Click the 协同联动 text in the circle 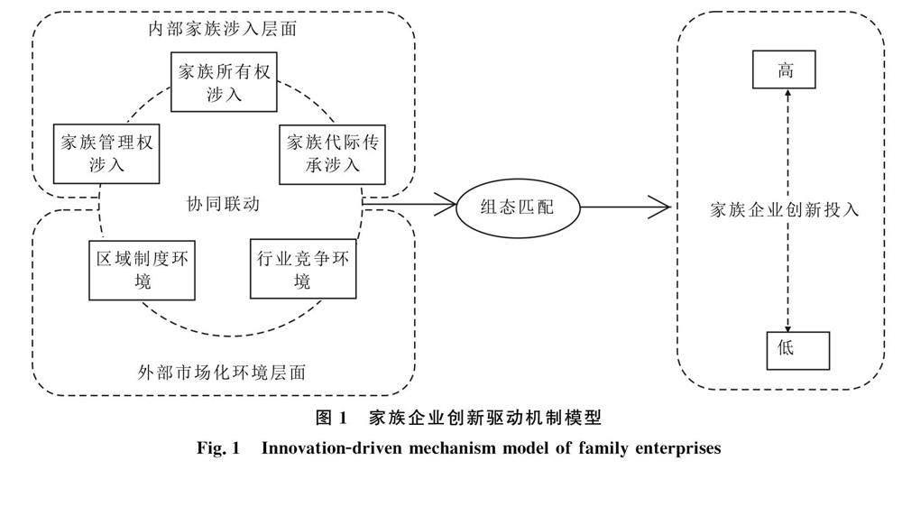(223, 204)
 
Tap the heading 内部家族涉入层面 (223, 29)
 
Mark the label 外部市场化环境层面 (222, 373)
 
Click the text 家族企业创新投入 (785, 209)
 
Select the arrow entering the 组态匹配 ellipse (409, 203)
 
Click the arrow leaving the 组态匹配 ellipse (625, 207)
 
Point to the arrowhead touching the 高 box (787, 94)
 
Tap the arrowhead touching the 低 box (788, 327)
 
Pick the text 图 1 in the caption (332, 417)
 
